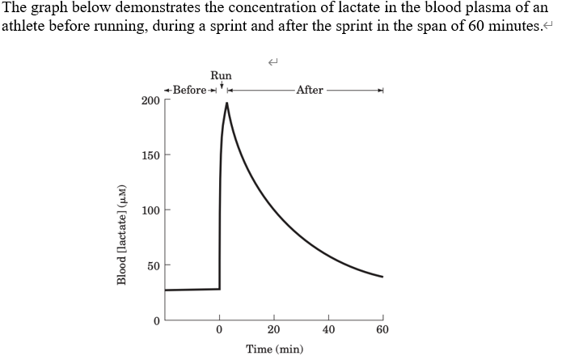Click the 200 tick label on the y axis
pos(150,100)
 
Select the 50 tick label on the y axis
pos(153,265)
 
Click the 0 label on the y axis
pos(156,320)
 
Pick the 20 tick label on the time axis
pos(274,330)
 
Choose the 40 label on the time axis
pos(328,330)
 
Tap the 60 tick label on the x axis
pos(382,330)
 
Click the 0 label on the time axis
pos(219,330)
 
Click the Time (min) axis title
pos(274,349)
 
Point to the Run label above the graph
pos(221,76)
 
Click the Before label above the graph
pos(190,89)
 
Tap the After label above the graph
pos(310,89)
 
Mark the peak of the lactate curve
pos(227,103)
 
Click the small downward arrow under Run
pos(222,85)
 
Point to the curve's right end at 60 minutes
pos(382,277)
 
